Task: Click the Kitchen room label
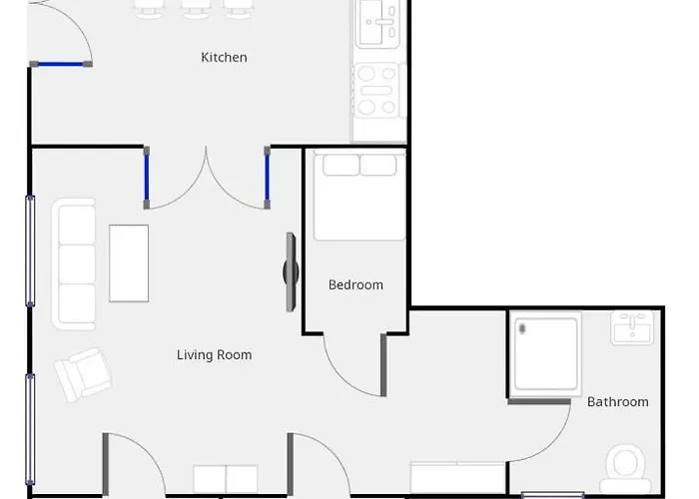tap(224, 58)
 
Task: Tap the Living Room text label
tap(214, 354)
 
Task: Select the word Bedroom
tap(355, 284)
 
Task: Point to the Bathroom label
tap(617, 402)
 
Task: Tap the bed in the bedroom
tap(359, 197)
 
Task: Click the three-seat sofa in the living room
tap(76, 263)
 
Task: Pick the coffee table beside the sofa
tap(129, 263)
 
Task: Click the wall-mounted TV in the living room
tap(291, 271)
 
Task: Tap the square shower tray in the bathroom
tap(545, 354)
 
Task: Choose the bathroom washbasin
tap(631, 328)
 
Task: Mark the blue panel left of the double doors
tap(147, 179)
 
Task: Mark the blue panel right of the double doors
tap(268, 179)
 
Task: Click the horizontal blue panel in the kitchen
tap(61, 64)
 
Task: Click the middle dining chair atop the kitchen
tap(194, 9)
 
